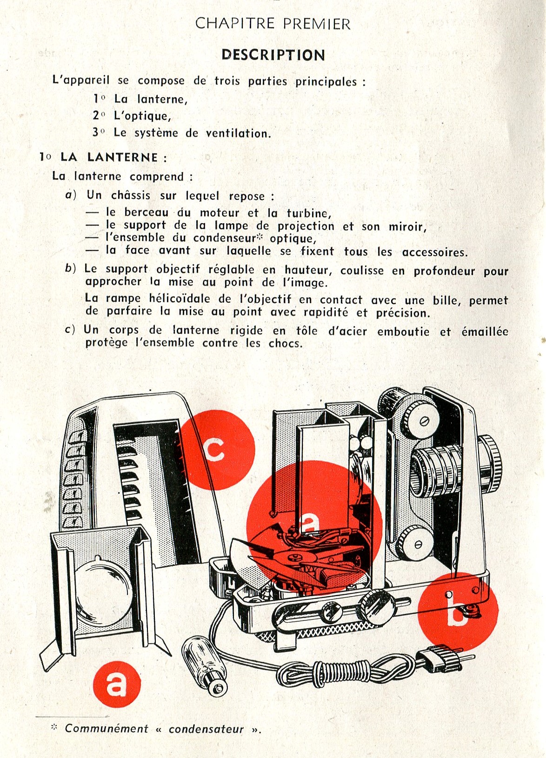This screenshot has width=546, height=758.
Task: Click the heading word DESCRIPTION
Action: (273, 55)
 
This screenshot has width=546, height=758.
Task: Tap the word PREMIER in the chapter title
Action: (317, 24)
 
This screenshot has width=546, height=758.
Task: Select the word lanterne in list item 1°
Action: (162, 99)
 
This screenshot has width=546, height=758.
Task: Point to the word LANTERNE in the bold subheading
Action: (122, 157)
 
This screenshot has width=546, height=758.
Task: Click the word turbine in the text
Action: (309, 213)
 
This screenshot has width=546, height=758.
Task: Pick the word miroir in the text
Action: (407, 226)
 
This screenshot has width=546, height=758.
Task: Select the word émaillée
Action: (485, 332)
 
